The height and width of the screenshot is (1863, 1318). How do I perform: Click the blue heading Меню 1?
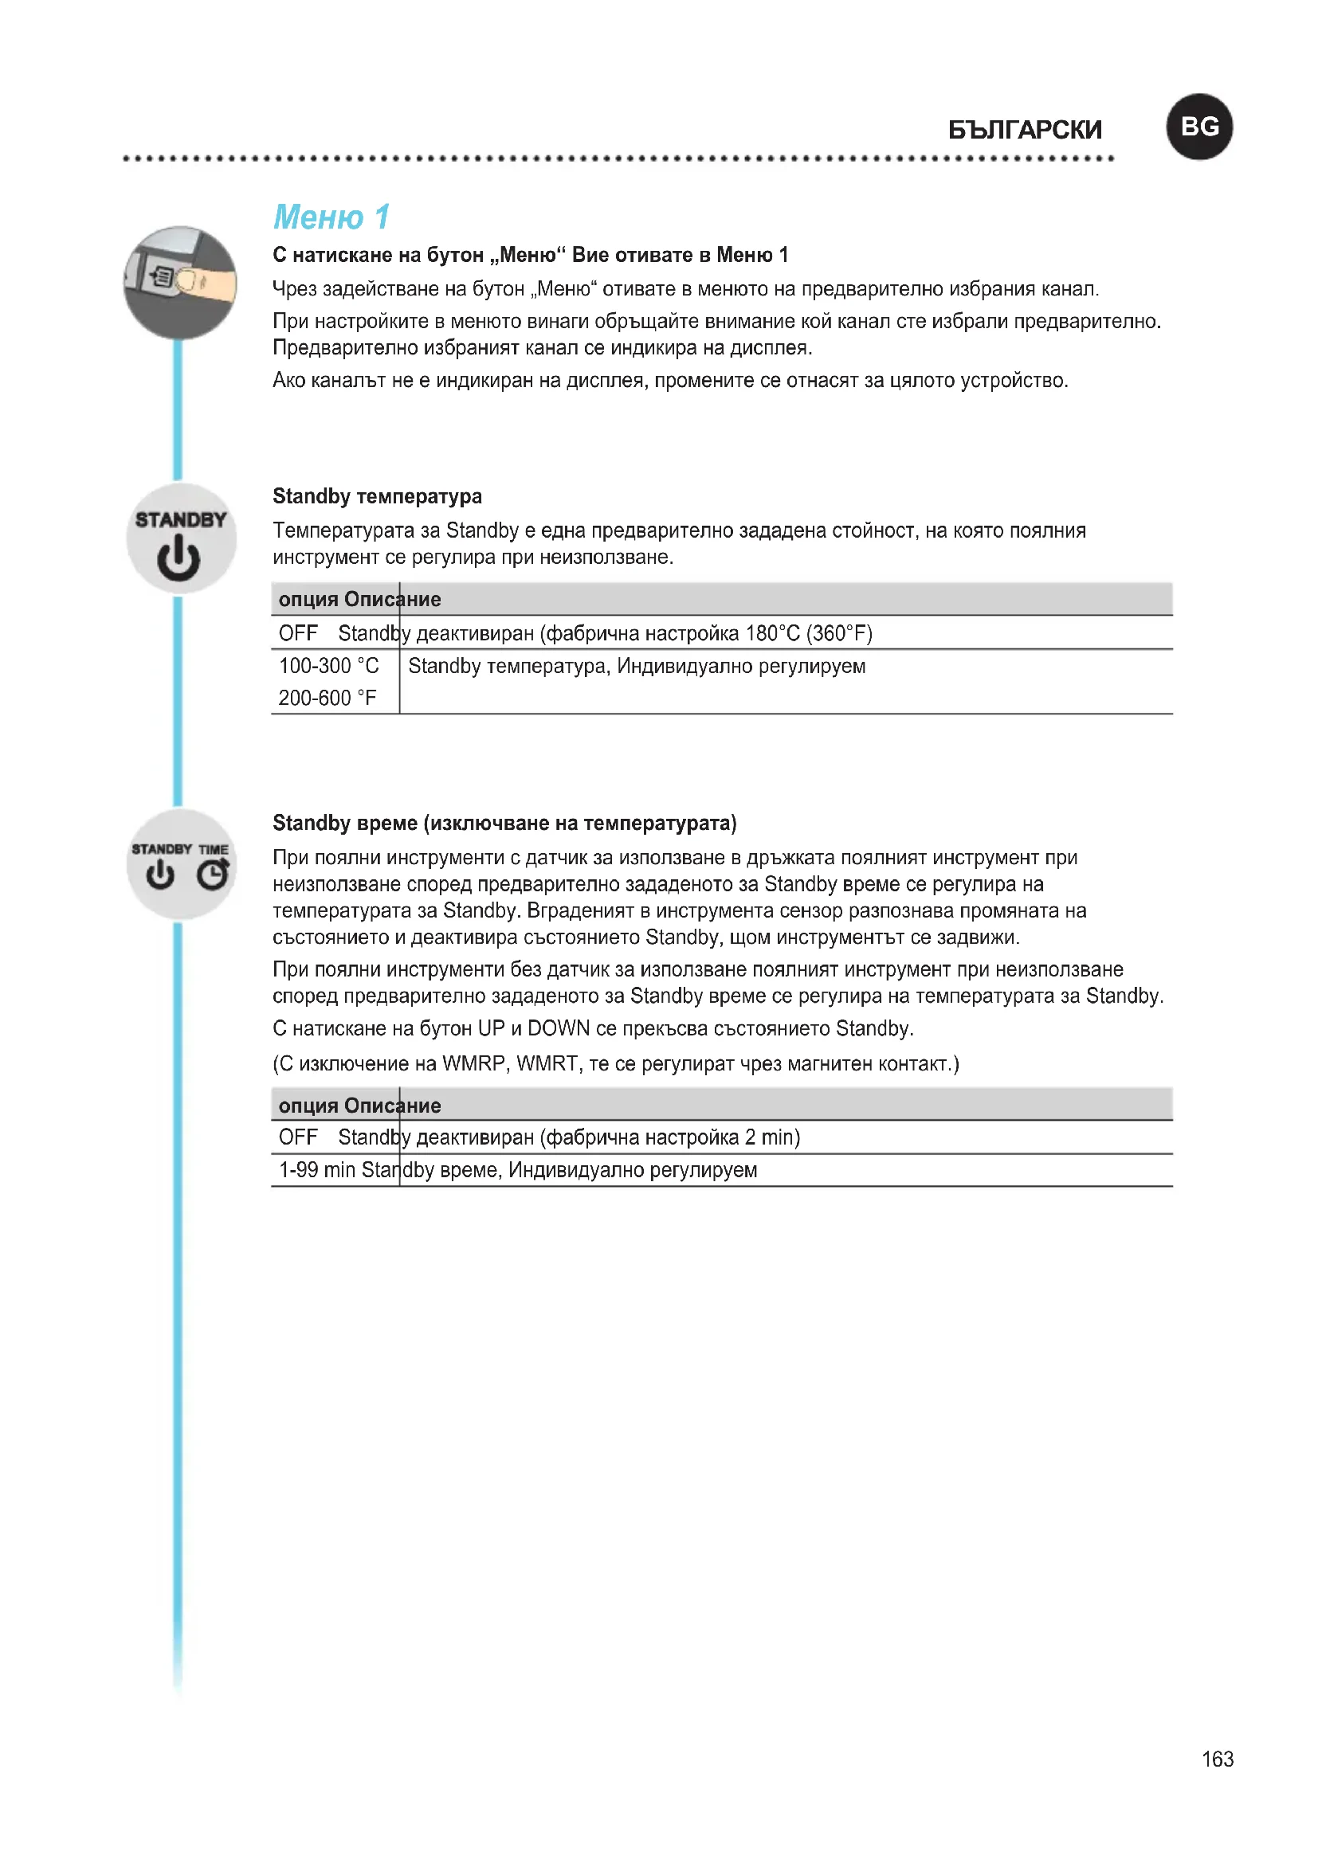(x=331, y=217)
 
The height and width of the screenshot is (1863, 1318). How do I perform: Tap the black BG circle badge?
(x=1198, y=127)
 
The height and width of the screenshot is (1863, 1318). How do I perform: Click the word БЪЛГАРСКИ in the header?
(x=1024, y=130)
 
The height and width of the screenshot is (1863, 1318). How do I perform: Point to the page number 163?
(x=1218, y=1759)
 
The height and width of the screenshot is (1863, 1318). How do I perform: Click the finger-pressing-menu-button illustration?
(x=180, y=283)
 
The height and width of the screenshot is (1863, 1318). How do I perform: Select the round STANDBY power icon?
(x=181, y=538)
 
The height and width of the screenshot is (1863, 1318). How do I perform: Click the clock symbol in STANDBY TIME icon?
(x=214, y=874)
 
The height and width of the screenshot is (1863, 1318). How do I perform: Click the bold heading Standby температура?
(x=377, y=495)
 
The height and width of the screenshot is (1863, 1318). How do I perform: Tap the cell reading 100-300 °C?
(x=328, y=666)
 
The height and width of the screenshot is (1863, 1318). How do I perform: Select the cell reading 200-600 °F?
(x=327, y=698)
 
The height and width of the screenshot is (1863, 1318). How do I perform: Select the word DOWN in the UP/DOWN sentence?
(x=559, y=1028)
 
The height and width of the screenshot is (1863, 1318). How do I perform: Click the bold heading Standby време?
(x=345, y=823)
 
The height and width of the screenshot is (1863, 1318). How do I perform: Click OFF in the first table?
(x=298, y=633)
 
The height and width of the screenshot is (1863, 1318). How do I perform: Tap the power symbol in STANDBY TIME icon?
(x=160, y=875)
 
